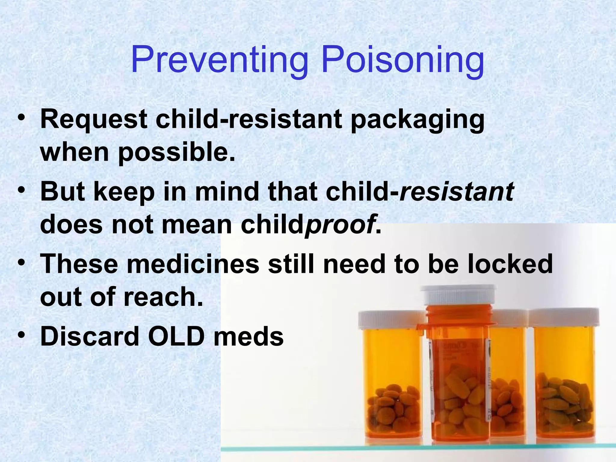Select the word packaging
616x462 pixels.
click(x=417, y=120)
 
